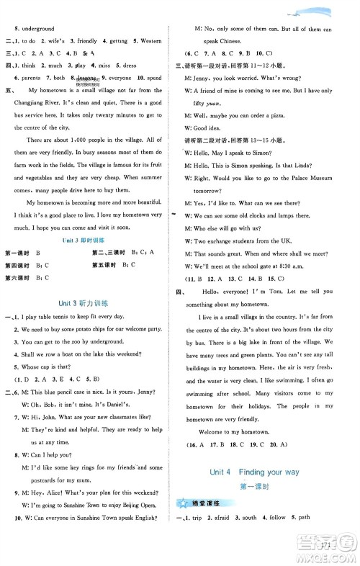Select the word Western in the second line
[155, 40]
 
